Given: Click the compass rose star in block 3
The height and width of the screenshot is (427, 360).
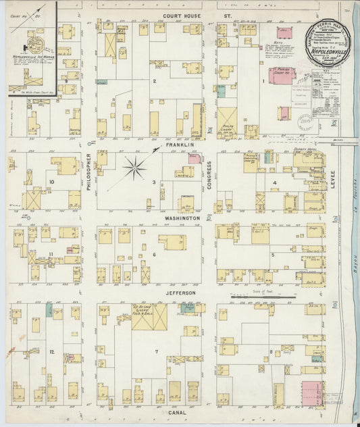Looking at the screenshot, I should [135, 167].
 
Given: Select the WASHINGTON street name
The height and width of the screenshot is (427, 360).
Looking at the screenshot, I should [181, 219].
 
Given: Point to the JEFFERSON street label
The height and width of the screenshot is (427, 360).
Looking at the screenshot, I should [180, 293].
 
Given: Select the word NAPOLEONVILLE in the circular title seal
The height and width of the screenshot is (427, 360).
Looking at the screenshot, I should [329, 50].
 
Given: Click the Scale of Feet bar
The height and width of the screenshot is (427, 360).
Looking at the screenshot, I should [253, 296].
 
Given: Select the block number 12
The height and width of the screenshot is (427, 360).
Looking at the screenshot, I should [51, 352].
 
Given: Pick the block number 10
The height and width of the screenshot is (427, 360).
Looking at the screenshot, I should [51, 182].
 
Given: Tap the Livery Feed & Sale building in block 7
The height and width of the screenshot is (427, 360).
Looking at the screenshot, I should [149, 316].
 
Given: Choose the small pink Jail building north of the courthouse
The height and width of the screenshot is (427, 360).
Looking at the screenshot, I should [284, 32].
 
